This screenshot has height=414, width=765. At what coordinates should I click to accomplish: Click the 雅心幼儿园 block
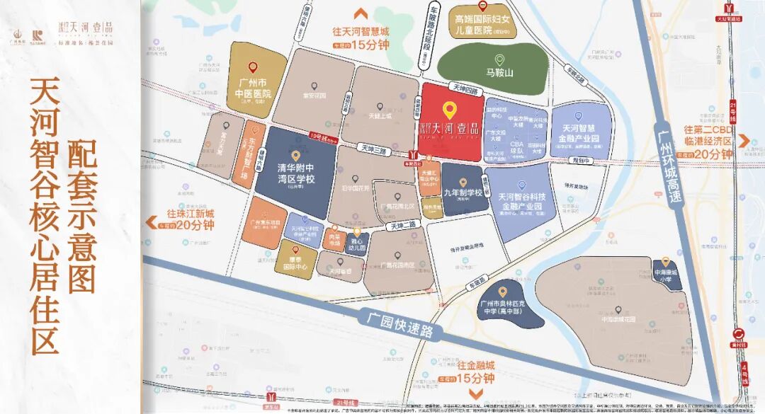click(x=357, y=245)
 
